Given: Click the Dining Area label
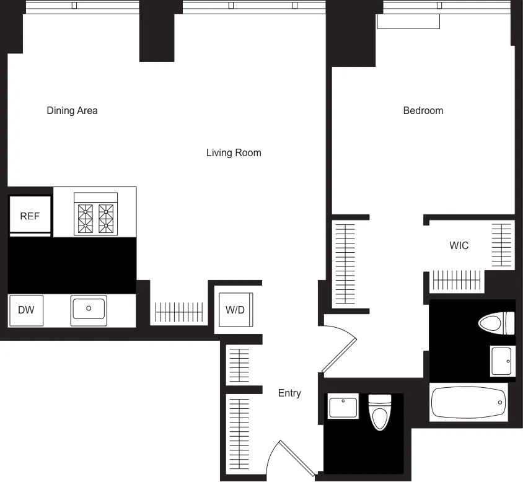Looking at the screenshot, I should coord(72,111).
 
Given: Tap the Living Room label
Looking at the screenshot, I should coord(234,152).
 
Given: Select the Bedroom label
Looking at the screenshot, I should coord(423,111).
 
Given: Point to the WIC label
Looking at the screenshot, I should coord(459,245).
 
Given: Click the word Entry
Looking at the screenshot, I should coord(289,393).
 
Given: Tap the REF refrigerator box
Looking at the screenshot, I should coord(30,216).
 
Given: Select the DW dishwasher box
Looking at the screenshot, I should coord(26,310).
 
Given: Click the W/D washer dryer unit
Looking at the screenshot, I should coord(235,310).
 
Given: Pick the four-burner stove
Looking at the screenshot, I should coord(95,214).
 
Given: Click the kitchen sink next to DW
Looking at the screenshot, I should coord(89,309).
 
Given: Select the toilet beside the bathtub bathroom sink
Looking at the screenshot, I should coord(497,322).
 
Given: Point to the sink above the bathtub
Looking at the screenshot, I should coord(501,360).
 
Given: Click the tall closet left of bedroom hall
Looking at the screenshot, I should coord(345,263).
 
